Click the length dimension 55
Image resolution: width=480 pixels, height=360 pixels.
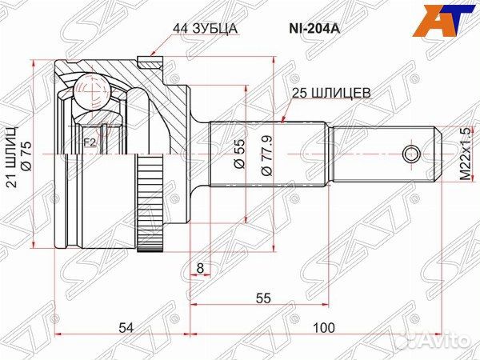(262, 298)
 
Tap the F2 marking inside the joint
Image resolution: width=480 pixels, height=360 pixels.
(90, 142)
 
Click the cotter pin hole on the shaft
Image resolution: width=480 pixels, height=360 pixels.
(411, 152)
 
